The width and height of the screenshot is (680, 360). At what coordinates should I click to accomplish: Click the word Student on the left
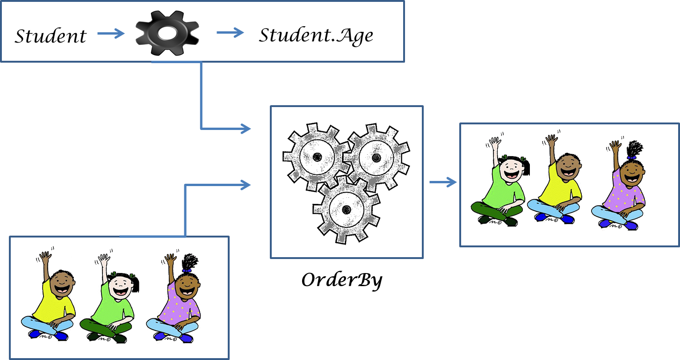pyautogui.click(x=51, y=36)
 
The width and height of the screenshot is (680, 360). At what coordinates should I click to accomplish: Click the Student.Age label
pyautogui.click(x=316, y=35)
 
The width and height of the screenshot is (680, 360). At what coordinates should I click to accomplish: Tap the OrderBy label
pyautogui.click(x=342, y=280)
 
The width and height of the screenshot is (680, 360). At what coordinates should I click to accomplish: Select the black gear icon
pyautogui.click(x=168, y=33)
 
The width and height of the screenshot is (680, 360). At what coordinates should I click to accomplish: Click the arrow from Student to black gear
pyautogui.click(x=111, y=33)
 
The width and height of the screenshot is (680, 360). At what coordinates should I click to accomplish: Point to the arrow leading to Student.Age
pyautogui.click(x=230, y=32)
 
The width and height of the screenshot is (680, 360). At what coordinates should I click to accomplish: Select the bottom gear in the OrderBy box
pyautogui.click(x=347, y=208)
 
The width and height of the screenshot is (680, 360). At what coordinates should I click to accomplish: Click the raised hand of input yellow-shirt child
pyautogui.click(x=45, y=257)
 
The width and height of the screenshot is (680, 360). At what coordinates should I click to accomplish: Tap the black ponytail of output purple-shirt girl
pyautogui.click(x=634, y=149)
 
